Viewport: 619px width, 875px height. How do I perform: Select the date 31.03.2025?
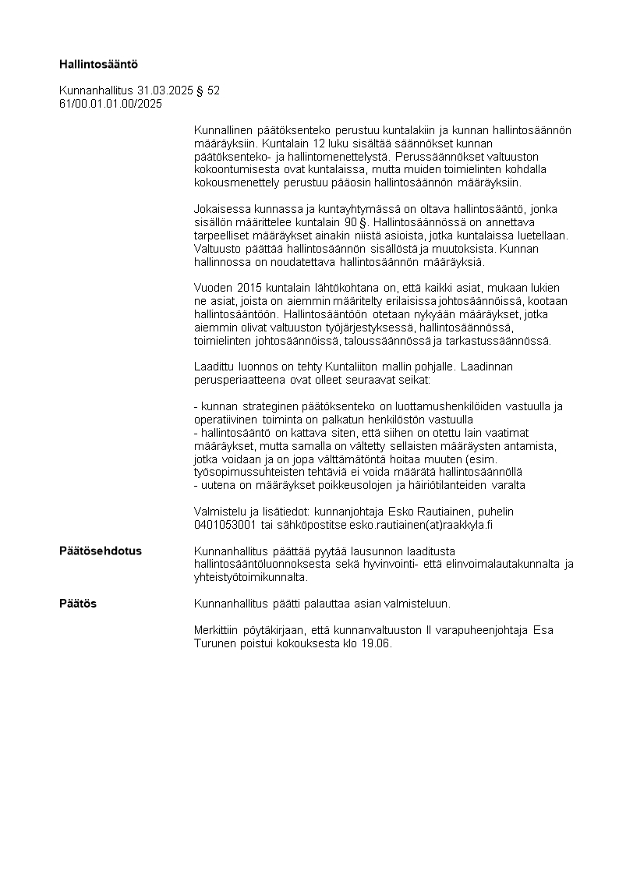[165, 90]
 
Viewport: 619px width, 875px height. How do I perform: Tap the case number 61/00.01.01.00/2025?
[111, 103]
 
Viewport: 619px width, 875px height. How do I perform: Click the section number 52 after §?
[213, 90]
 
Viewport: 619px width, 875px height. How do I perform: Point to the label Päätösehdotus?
[101, 551]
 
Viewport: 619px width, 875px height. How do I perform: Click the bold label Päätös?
[78, 604]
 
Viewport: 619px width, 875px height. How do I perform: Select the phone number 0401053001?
[225, 525]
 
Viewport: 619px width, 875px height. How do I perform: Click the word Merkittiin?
[218, 630]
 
